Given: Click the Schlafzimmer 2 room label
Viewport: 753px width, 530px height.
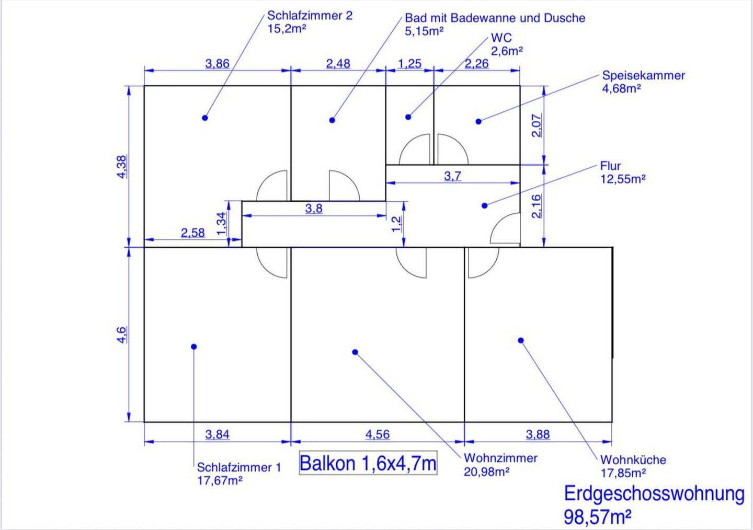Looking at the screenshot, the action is (x=310, y=16).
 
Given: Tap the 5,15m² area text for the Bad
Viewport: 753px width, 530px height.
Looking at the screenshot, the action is (x=424, y=31).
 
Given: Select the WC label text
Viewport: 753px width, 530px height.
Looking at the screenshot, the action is (x=501, y=38).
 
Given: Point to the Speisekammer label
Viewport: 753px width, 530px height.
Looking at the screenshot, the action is (x=643, y=76).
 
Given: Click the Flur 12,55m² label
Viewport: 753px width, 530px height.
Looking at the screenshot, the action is (x=622, y=172).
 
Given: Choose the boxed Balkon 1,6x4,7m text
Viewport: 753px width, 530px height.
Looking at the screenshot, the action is (x=368, y=464).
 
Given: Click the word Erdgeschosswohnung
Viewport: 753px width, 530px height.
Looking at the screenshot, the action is (x=654, y=494).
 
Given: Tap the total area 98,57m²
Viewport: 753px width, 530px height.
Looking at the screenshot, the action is (x=597, y=517).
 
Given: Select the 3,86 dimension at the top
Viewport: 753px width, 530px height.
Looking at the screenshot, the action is (x=217, y=64).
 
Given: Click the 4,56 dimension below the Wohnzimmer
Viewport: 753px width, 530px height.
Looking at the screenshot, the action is (x=377, y=434).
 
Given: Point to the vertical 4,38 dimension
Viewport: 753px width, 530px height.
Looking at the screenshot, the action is (x=122, y=167).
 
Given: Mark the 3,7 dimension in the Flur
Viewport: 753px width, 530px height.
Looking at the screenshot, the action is (x=453, y=176).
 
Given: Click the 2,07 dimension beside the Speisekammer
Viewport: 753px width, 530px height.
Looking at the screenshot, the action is (x=537, y=125).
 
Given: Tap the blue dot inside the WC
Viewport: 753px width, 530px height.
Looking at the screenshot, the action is (x=408, y=117).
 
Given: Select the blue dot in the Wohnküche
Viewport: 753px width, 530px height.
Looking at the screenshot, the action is (x=521, y=340).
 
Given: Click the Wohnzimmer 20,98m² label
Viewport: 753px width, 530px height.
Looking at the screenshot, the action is (x=500, y=465).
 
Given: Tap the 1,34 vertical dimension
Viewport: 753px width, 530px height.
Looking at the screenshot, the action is (x=222, y=223).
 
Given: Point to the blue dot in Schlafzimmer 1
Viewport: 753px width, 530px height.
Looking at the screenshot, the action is (x=194, y=347).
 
